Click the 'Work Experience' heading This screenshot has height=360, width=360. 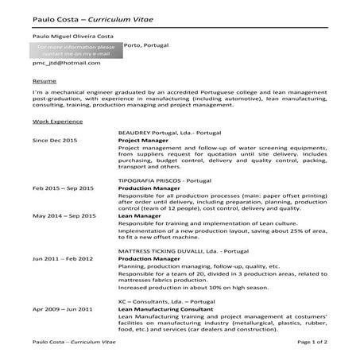57,122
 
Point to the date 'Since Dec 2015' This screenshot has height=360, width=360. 55,140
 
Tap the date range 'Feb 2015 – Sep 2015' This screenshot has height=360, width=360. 63,188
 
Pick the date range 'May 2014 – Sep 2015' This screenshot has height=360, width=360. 64,216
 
